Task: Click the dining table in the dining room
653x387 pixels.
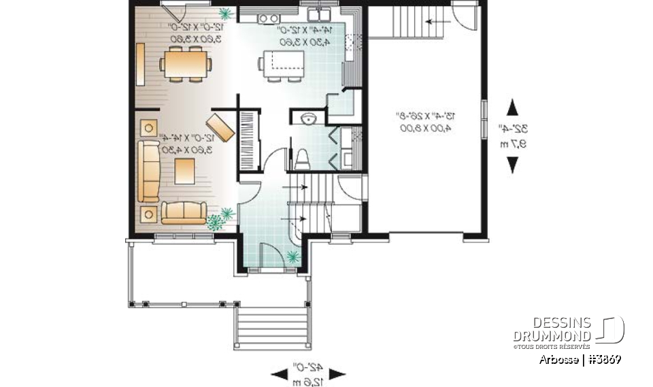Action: tap(186, 65)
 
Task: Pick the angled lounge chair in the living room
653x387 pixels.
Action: tap(220, 127)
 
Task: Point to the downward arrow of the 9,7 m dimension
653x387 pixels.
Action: tap(513, 165)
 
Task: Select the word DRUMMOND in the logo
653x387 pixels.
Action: tap(552, 337)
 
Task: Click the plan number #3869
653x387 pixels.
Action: tap(603, 359)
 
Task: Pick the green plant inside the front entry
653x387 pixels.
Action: tap(293, 256)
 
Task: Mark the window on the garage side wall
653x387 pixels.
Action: tap(485, 120)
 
